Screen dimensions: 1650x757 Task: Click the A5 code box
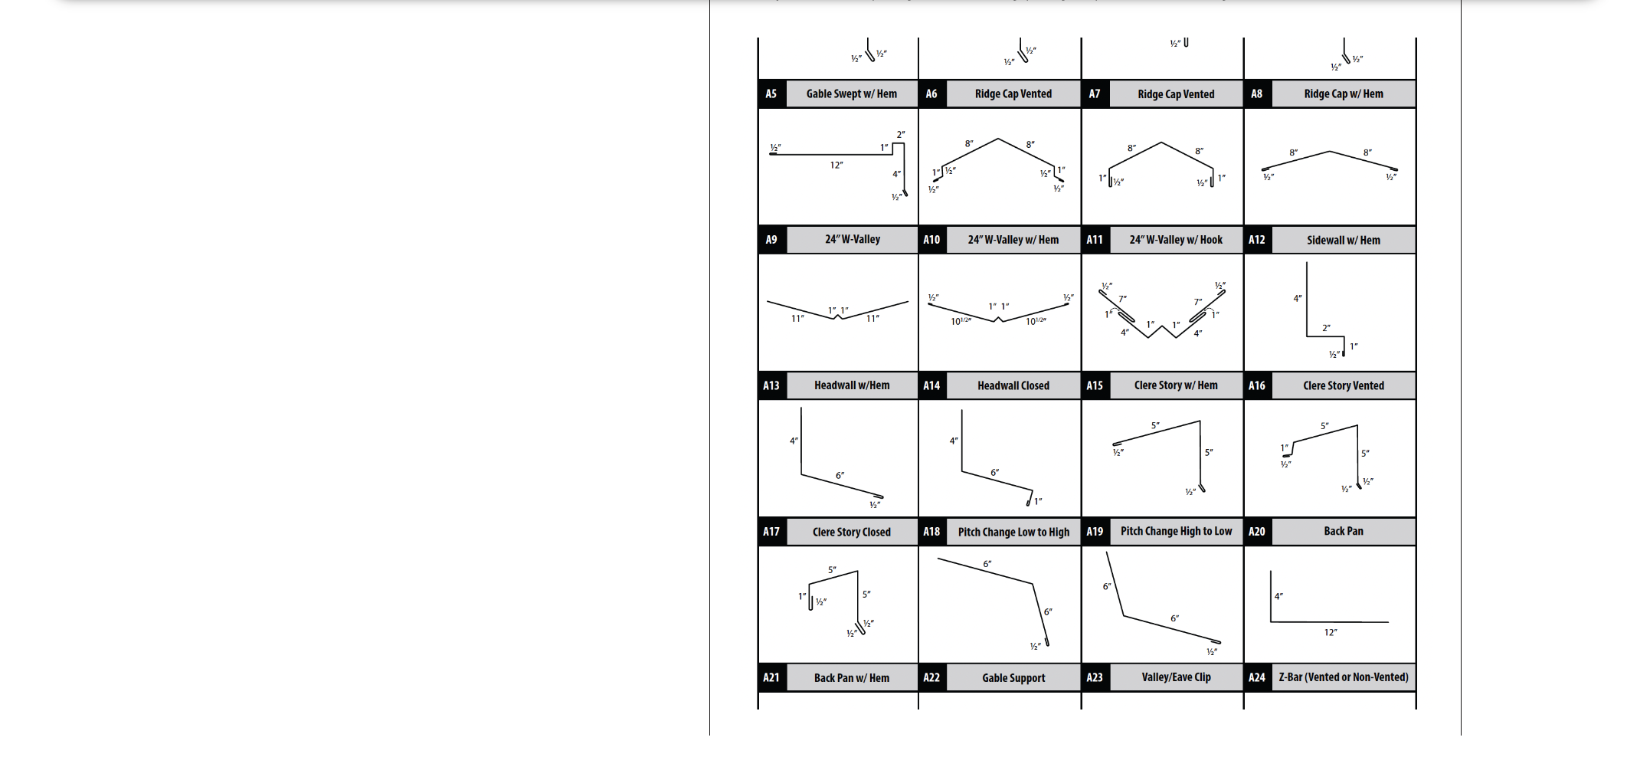coord(771,93)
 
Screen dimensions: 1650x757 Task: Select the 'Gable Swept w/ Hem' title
coord(851,93)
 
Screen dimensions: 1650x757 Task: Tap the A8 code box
coord(1257,93)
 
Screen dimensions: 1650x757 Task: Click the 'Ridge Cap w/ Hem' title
coord(1344,93)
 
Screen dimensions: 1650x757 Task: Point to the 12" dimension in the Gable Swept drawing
coord(836,165)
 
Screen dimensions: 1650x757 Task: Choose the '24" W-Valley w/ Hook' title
coord(1176,240)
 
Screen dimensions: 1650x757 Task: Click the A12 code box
coord(1257,240)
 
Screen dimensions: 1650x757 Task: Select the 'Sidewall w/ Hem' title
coord(1344,240)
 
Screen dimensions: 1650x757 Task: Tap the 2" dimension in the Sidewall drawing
coord(1326,328)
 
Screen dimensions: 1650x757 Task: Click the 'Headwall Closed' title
coord(1013,385)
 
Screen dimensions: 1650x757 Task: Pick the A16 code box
coord(1257,385)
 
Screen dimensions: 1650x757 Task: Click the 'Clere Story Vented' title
coord(1344,385)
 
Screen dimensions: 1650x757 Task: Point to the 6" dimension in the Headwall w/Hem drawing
coord(840,476)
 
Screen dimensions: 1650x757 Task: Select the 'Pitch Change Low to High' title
coord(1013,532)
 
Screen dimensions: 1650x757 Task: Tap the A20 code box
coord(1257,531)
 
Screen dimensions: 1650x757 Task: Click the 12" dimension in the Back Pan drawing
coord(1331,632)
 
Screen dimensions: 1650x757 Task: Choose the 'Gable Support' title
coord(1013,677)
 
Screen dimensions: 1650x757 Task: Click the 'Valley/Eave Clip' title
coord(1176,677)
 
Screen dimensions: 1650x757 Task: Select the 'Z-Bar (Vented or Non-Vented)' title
coord(1344,677)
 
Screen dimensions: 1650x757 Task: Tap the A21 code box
coord(771,677)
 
